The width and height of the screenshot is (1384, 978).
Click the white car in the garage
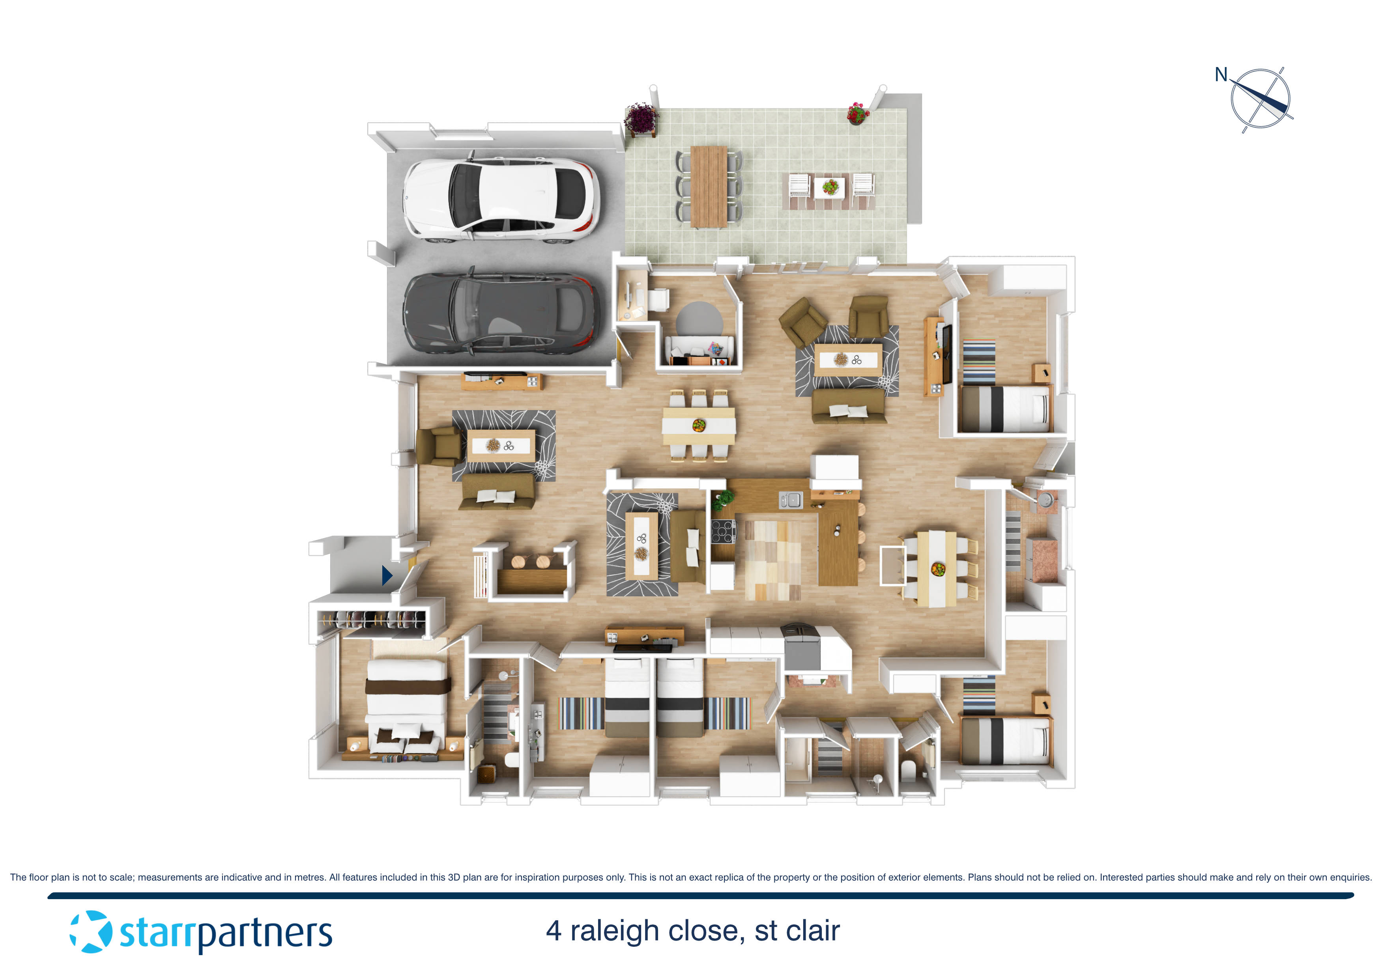point(500,199)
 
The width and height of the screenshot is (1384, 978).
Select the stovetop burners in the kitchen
point(723,532)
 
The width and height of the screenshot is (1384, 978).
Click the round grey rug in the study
point(699,319)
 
